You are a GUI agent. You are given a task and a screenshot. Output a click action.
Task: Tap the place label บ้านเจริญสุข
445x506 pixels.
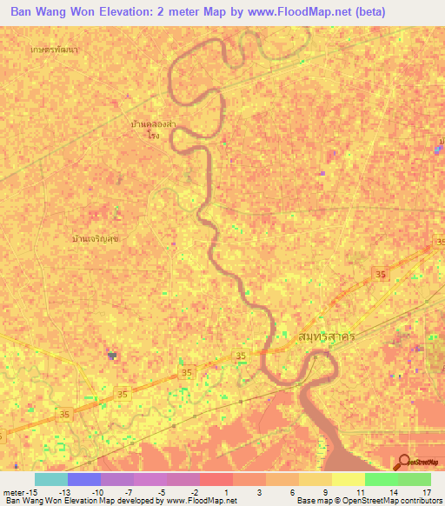[x=96, y=237]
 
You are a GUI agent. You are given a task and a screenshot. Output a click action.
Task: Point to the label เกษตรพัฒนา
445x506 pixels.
[x=54, y=50]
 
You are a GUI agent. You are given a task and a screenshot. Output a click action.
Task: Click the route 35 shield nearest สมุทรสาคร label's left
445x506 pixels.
[x=243, y=356]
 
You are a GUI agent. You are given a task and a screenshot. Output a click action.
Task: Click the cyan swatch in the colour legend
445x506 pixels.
[x=50, y=479]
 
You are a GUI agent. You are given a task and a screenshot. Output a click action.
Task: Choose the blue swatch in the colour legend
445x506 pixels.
[x=83, y=479]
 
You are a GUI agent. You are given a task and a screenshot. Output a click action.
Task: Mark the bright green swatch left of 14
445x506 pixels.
[x=381, y=479]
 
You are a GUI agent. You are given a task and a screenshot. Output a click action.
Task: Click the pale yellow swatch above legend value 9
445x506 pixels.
[x=315, y=479]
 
